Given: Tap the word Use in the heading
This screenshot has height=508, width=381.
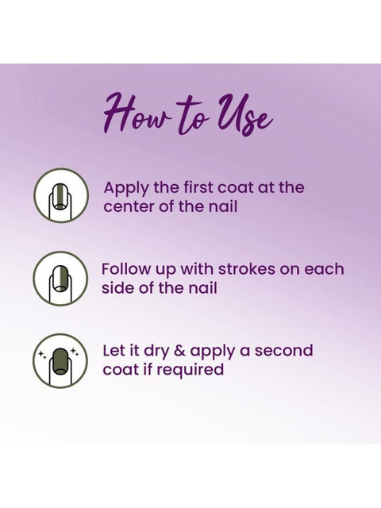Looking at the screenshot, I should coord(245,117).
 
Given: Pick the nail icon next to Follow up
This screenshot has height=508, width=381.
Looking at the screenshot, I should coord(60,279).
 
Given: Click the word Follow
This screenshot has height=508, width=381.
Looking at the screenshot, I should coord(126,269).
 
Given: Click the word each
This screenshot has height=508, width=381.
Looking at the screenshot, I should coord(325,269).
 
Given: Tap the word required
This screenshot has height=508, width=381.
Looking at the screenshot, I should coord(194,370).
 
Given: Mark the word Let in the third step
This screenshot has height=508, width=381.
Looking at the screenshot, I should coord(115,351).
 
